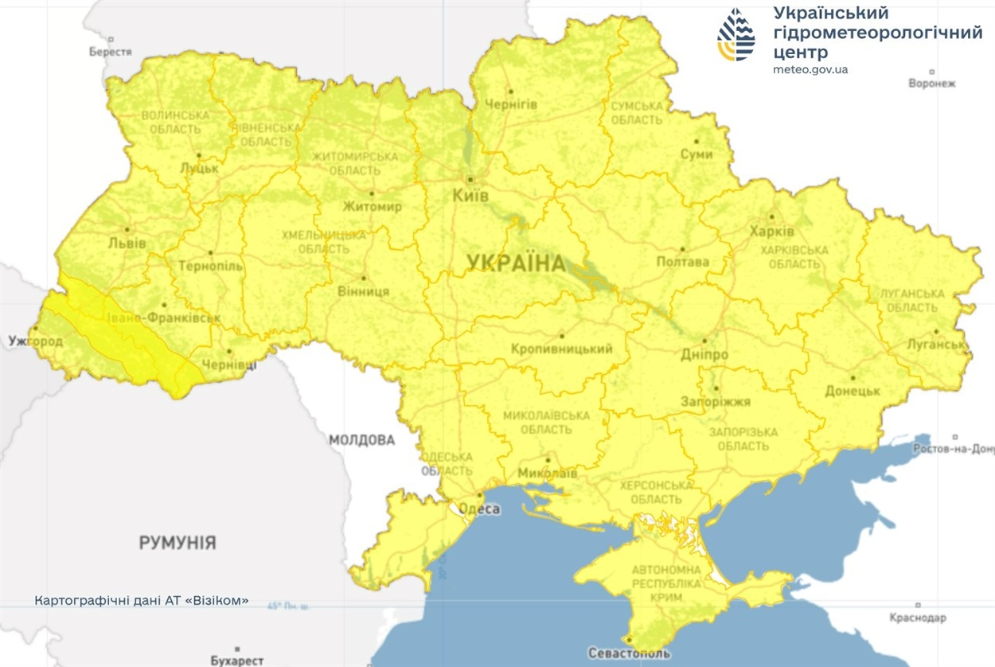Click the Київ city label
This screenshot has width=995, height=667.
coord(470,196)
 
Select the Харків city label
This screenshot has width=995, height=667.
coord(771,232)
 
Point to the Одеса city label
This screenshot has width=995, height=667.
coord(480,509)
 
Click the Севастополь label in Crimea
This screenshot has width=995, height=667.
coord(630,653)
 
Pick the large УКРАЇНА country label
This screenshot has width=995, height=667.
coord(516,263)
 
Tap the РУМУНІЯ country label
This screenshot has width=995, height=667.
coord(178,543)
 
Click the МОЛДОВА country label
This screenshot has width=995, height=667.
coord(361,440)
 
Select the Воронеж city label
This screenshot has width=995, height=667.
coord(931,83)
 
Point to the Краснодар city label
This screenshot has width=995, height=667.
coord(918,618)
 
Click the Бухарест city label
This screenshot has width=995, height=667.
coord(237,661)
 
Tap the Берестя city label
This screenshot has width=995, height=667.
coord(110,52)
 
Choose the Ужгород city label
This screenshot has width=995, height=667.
coord(35,341)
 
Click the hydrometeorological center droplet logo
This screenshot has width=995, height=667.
coord(736,35)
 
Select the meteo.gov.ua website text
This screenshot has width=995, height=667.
coord(810,69)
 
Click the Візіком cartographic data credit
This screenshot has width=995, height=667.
coord(142,600)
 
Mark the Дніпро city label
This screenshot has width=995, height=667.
coord(704,354)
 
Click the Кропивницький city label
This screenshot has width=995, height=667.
coord(562,349)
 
